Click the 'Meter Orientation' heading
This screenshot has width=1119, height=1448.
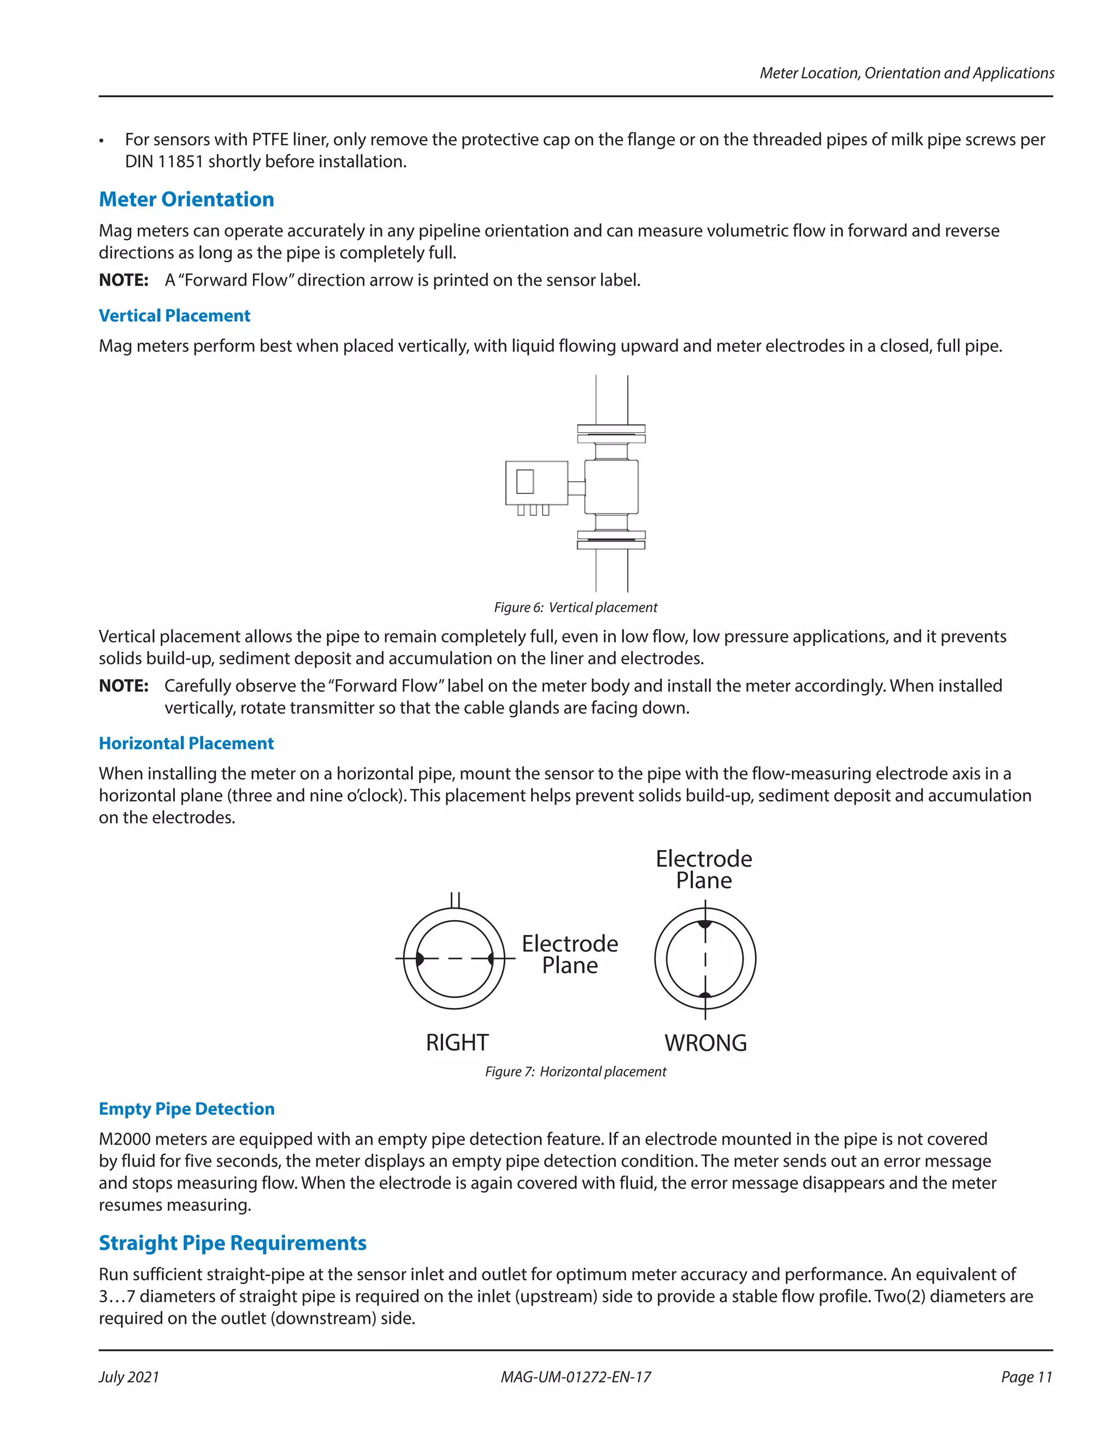[186, 199]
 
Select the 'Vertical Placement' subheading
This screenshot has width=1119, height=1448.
[174, 316]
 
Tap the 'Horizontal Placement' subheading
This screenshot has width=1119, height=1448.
[186, 743]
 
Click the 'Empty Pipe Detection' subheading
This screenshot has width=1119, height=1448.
[186, 1109]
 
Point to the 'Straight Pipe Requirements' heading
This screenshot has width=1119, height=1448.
[232, 1243]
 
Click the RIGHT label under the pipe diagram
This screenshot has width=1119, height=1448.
[457, 1043]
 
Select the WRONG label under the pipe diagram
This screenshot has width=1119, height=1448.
[705, 1043]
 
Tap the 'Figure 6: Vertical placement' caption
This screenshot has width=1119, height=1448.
[575, 607]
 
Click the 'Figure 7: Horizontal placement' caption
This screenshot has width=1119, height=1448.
[575, 1072]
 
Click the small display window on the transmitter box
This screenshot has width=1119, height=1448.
[525, 481]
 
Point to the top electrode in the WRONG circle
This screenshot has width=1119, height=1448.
[705, 923]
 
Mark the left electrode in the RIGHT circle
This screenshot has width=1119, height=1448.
[419, 959]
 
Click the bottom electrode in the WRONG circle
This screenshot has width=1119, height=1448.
[705, 994]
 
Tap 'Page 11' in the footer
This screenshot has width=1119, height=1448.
[1026, 1377]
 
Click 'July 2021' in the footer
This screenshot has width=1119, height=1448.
[129, 1377]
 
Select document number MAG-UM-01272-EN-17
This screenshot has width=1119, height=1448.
[575, 1377]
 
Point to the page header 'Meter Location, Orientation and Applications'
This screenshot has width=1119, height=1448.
[906, 73]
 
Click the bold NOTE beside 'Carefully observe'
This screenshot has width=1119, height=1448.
[123, 686]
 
